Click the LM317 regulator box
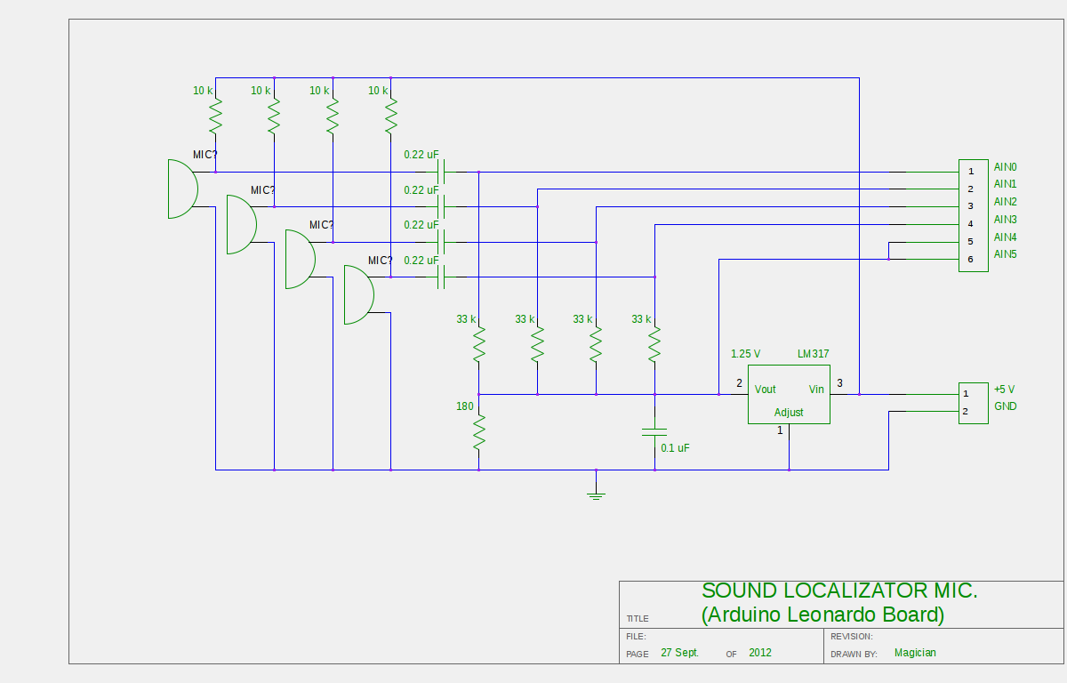[x=789, y=394]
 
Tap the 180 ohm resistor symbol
[x=478, y=433]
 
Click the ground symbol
[x=596, y=494]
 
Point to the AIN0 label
[x=1006, y=167]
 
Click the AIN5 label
[x=1006, y=255]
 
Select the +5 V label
[x=1005, y=390]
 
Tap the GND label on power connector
[x=1006, y=406]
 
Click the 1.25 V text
[x=745, y=354]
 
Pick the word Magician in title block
[x=915, y=653]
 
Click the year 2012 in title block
[x=760, y=653]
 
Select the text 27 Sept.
[x=680, y=653]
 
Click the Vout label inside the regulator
[x=765, y=390]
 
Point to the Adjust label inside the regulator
[x=789, y=413]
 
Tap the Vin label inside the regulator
[x=816, y=390]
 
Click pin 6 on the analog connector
[x=971, y=259]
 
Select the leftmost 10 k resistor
[x=215, y=116]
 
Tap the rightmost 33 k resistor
[x=654, y=344]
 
